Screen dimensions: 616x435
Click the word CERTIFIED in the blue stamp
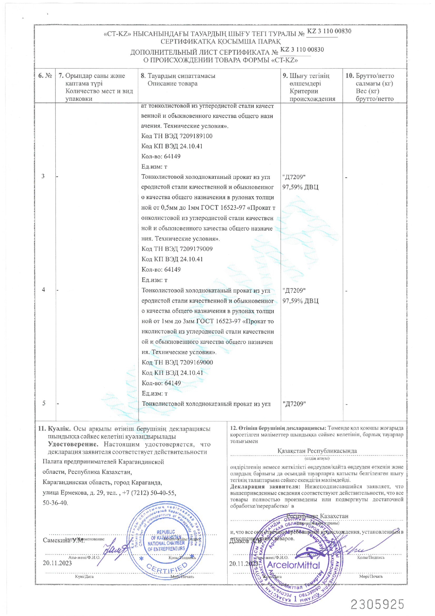[167, 567]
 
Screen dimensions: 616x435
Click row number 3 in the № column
[43, 176]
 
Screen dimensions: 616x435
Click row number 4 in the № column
[43, 290]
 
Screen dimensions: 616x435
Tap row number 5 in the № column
[44, 403]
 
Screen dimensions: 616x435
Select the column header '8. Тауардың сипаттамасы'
[178, 76]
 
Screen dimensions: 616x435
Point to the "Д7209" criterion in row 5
[294, 404]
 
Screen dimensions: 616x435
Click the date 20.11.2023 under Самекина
[57, 563]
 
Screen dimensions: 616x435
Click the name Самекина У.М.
[63, 540]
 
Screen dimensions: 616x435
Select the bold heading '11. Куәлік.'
[54, 429]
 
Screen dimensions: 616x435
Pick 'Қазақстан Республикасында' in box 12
[317, 451]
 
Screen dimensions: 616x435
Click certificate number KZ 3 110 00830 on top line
[329, 31]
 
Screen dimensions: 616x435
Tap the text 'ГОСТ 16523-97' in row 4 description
[218, 321]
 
